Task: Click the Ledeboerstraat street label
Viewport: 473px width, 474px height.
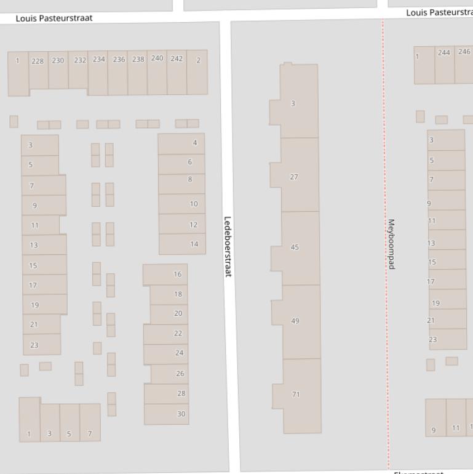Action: click(227, 246)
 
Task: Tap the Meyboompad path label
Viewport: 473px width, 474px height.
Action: click(391, 244)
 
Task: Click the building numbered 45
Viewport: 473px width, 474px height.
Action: click(295, 247)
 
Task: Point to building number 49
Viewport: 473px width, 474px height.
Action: click(295, 321)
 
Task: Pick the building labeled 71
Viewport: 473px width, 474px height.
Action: click(296, 394)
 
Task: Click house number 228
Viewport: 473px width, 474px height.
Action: click(38, 61)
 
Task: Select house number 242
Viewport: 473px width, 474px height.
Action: click(177, 58)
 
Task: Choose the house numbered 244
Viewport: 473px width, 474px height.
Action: click(444, 53)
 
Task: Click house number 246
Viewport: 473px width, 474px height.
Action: click(464, 52)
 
